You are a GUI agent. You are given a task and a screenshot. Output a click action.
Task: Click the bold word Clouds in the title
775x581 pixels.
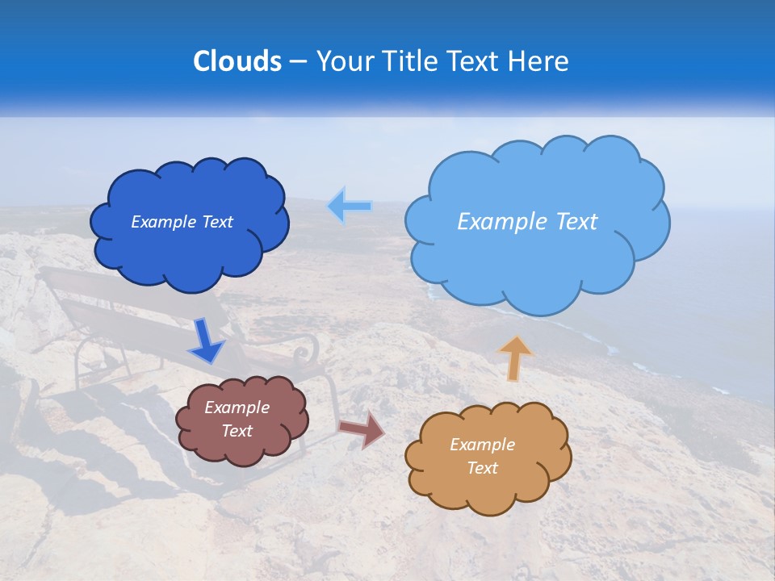point(237,61)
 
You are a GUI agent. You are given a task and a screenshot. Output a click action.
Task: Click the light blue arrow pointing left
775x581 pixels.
point(350,207)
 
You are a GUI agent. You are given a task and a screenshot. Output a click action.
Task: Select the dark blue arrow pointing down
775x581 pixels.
point(206,341)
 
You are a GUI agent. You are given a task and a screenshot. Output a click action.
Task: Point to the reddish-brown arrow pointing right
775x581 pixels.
point(362,429)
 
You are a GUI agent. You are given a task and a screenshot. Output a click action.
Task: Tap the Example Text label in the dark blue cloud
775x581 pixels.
point(182,222)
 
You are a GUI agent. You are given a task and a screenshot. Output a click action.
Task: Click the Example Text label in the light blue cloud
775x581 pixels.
point(527,222)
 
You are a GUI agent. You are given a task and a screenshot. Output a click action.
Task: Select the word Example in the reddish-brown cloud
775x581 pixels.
point(237,408)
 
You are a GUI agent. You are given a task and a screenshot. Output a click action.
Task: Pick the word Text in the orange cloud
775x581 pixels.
point(482,468)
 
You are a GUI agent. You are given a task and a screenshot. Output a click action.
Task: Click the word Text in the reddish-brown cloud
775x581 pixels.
point(237,431)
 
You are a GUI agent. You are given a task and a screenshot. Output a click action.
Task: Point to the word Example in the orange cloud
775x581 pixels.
point(482,445)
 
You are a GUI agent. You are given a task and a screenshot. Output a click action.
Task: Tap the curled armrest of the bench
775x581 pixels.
point(305,352)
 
